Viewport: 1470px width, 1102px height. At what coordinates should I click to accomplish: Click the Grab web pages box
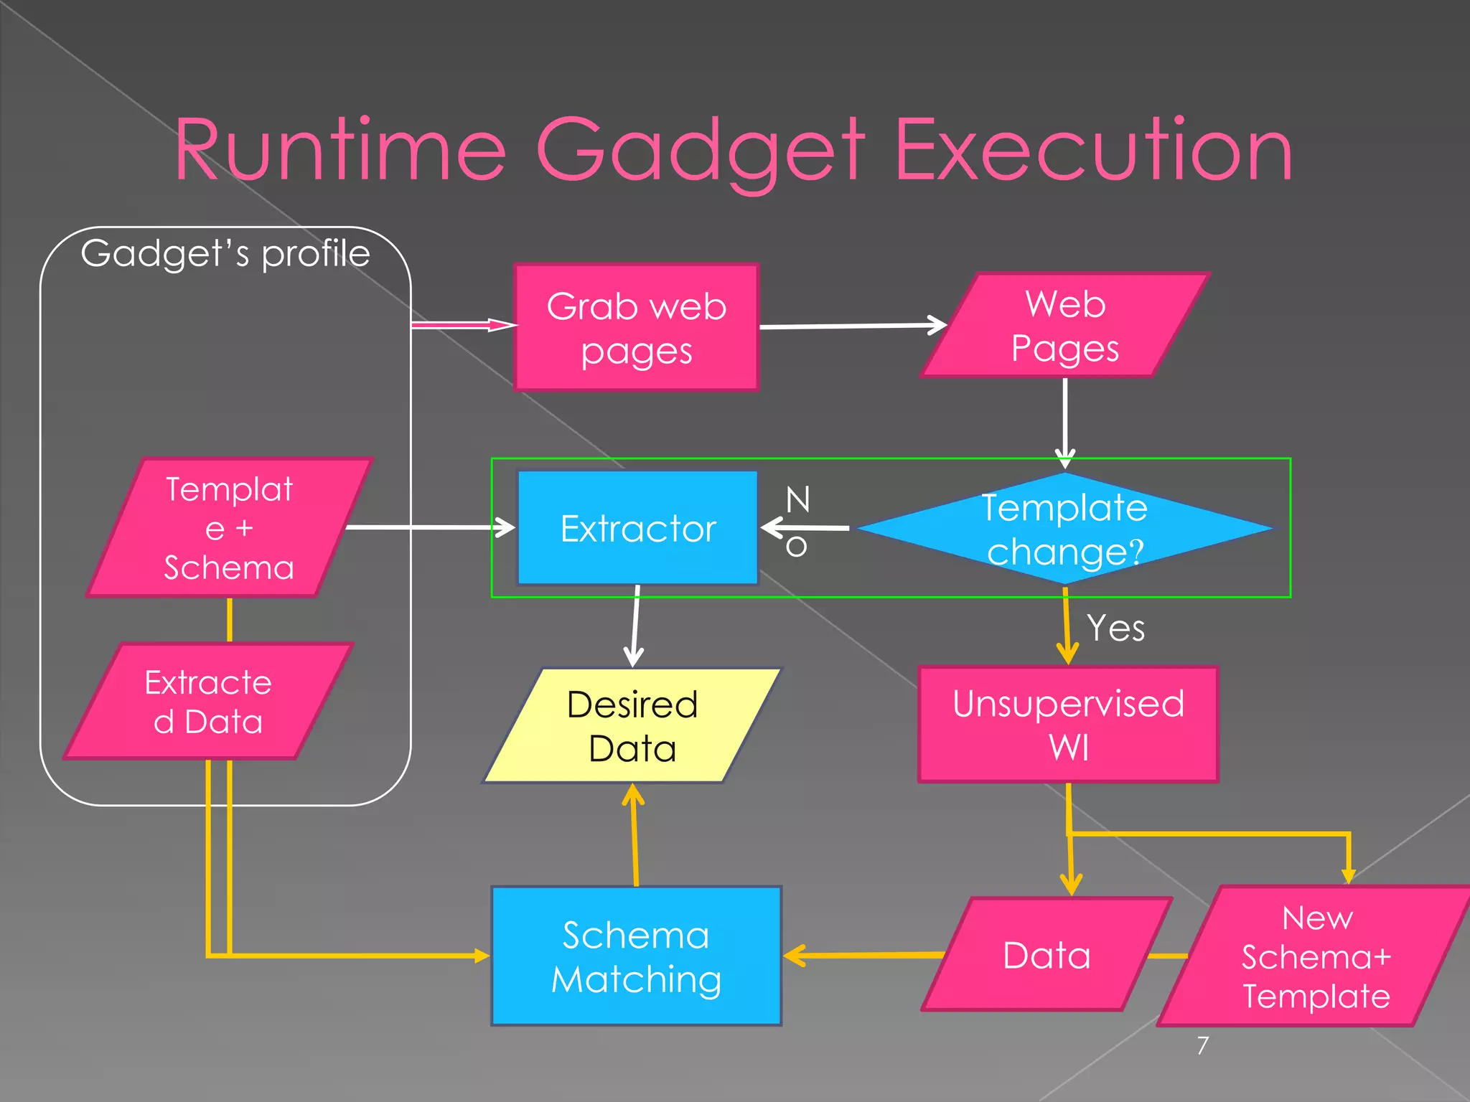[636, 327]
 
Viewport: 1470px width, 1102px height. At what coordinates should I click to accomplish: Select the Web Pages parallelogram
[1065, 326]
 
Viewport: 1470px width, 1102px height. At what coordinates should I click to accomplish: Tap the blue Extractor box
[637, 528]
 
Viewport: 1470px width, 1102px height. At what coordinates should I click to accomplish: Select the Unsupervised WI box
[1068, 725]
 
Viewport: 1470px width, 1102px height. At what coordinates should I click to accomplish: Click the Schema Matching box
[636, 956]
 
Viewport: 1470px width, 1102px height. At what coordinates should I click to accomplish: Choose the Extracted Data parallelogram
[208, 702]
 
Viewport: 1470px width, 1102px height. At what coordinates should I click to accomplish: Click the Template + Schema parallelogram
[230, 528]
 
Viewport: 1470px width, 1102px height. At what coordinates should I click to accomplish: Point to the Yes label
[1115, 628]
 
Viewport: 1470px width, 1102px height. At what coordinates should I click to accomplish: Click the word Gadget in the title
[701, 151]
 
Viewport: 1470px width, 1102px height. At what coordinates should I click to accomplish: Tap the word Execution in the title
[1094, 151]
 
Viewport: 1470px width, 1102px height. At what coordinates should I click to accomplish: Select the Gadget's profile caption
[225, 253]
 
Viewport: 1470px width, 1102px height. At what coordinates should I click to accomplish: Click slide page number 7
[1203, 1045]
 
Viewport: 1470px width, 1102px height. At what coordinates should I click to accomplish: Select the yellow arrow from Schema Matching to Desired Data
[635, 836]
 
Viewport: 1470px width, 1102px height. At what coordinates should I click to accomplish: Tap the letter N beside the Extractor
[797, 499]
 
